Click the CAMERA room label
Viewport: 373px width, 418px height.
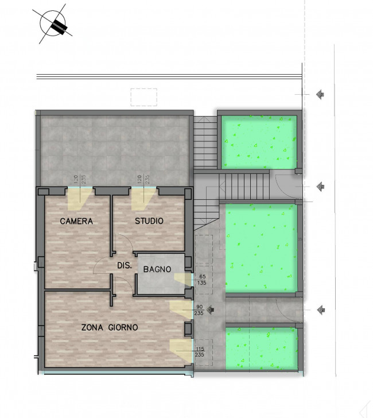click(x=76, y=221)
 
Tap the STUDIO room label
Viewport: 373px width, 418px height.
click(x=149, y=220)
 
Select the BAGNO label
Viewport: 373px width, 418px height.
click(x=157, y=269)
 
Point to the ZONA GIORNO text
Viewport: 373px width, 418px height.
click(x=110, y=327)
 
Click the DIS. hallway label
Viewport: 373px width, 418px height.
click(x=125, y=265)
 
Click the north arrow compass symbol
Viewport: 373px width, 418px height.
click(x=53, y=24)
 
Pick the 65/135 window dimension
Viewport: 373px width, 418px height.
click(x=202, y=280)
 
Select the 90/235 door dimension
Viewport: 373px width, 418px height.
click(x=199, y=310)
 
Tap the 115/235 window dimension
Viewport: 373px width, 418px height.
click(x=200, y=351)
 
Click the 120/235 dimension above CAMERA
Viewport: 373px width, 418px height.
click(x=80, y=179)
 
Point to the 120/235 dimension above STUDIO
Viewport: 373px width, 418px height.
click(x=143, y=179)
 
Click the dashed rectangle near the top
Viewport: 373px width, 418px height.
click(x=144, y=97)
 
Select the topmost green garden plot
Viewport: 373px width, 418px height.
click(x=259, y=142)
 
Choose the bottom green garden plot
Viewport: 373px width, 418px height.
click(x=262, y=349)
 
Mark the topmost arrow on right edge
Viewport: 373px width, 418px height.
click(x=320, y=94)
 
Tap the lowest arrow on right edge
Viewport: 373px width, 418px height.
click(x=321, y=310)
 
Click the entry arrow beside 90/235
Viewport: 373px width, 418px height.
click(x=211, y=309)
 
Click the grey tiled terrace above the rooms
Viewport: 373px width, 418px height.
click(x=115, y=150)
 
